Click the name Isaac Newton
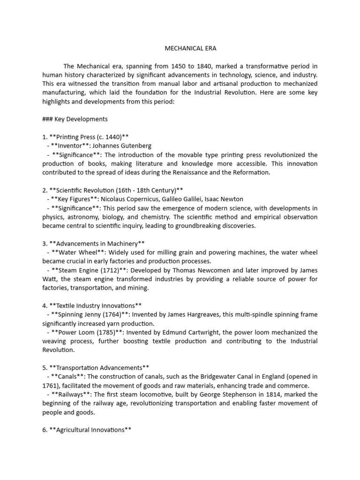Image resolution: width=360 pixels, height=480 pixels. point(232,199)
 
